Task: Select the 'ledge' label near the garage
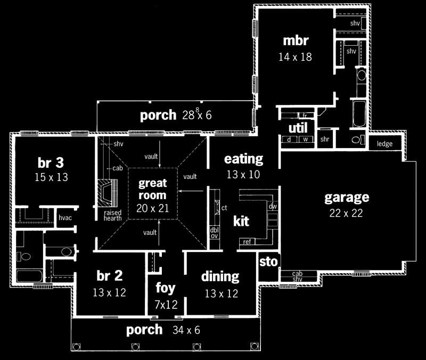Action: click(x=384, y=144)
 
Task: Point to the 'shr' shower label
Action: click(x=325, y=139)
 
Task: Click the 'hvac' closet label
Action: click(x=64, y=217)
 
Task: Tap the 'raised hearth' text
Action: click(x=113, y=215)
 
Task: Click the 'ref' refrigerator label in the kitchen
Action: click(x=247, y=242)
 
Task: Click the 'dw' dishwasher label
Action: click(x=273, y=206)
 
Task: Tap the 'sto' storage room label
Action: click(x=267, y=262)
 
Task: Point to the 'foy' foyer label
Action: click(x=166, y=288)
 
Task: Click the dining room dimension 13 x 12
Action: click(x=220, y=293)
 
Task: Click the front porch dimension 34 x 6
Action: click(x=186, y=331)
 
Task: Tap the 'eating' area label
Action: click(x=243, y=159)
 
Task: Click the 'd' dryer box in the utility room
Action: click(x=288, y=140)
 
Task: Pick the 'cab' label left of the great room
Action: click(x=118, y=168)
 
